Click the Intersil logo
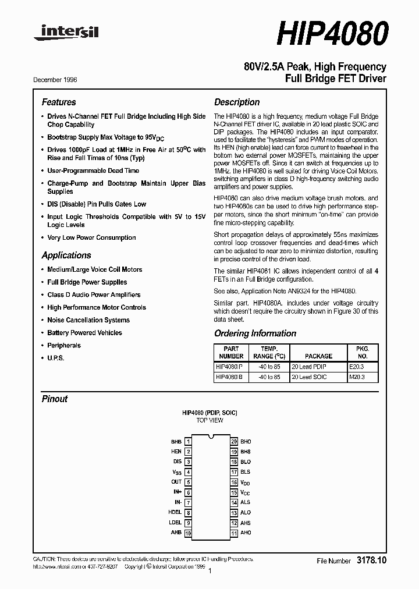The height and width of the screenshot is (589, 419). [66, 33]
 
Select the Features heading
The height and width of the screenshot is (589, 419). [59, 102]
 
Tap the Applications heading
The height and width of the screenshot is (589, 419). [66, 255]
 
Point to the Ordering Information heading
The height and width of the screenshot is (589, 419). [255, 333]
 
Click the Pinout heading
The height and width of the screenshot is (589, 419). [55, 399]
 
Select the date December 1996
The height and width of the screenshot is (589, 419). [55, 80]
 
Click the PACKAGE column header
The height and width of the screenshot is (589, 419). [318, 356]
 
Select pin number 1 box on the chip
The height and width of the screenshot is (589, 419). [188, 442]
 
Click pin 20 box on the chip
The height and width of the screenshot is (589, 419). [234, 442]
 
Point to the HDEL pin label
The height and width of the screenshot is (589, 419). [175, 513]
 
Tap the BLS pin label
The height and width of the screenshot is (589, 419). [246, 472]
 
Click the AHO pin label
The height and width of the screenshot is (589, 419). [246, 533]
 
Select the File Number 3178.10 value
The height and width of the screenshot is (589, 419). [371, 560]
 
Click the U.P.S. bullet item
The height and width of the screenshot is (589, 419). [56, 358]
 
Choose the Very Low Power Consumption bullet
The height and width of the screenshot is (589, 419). [91, 237]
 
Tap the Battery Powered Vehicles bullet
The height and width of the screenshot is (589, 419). [84, 333]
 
